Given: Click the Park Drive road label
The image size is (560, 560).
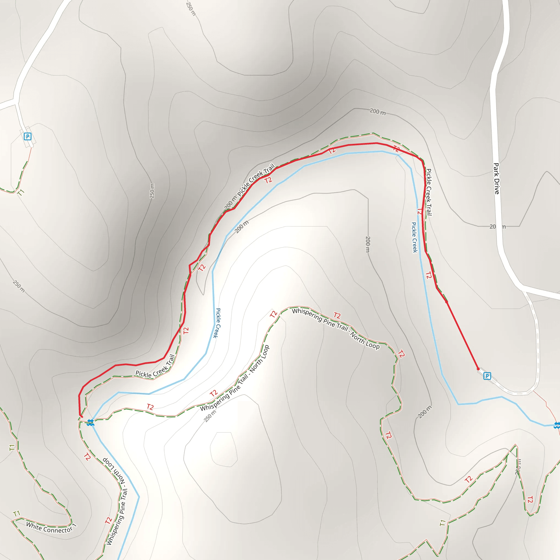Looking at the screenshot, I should click(497, 179).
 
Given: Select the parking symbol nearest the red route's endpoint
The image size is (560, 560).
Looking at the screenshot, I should click(487, 376).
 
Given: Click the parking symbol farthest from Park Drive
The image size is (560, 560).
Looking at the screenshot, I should click(28, 136).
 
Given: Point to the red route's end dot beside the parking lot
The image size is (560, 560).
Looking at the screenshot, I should click(478, 369).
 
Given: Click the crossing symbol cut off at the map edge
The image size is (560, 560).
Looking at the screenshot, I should click(557, 426).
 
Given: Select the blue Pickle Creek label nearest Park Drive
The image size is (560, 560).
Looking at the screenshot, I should click(415, 237).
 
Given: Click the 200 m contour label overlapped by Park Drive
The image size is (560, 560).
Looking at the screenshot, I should click(497, 227).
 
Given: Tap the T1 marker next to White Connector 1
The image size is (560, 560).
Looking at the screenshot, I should click(16, 514).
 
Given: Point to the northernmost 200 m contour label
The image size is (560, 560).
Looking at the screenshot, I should click(377, 112).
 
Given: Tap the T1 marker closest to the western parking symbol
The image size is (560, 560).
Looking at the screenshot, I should click(21, 192).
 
